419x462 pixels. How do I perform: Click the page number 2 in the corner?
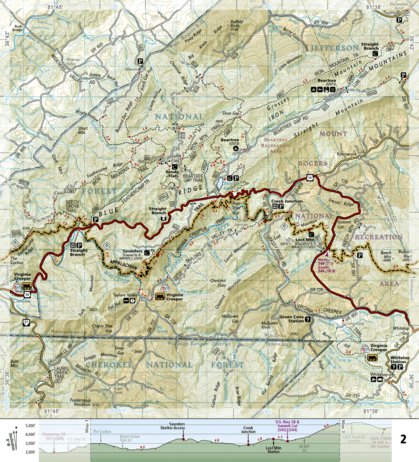coord(402,412)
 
